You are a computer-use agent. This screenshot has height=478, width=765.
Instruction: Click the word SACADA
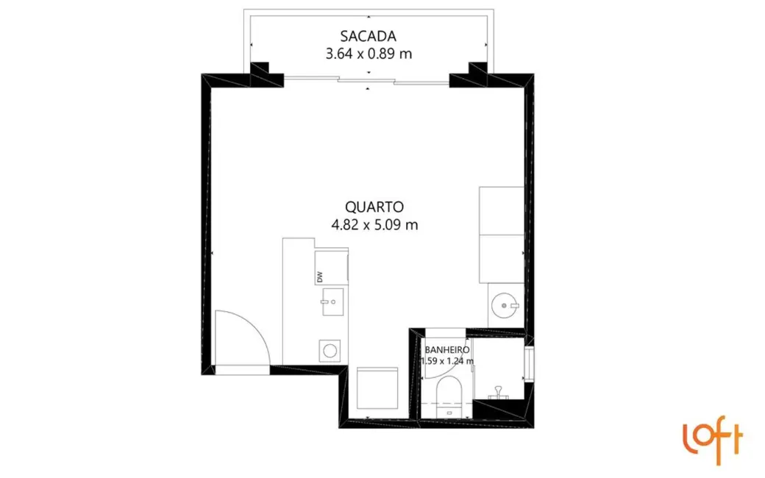369,36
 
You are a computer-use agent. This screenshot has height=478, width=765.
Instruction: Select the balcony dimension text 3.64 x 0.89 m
369,54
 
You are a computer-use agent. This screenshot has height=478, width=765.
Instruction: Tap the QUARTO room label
374,207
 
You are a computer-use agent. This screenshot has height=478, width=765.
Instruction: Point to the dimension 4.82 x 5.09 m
374,225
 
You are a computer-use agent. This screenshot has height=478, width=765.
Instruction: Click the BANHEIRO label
447,350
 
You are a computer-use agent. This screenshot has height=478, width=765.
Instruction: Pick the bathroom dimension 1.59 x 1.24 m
447,361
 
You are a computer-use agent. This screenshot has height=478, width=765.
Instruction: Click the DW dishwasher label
319,277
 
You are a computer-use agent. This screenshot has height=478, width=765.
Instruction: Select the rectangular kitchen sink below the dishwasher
332,302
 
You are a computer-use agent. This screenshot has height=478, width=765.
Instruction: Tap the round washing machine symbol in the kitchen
330,351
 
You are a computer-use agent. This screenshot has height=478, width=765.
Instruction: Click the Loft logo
713,439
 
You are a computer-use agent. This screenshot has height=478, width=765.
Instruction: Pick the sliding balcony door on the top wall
366,79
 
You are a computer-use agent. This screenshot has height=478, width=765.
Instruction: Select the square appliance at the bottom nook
377,388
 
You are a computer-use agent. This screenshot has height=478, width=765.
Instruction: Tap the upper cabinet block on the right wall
502,210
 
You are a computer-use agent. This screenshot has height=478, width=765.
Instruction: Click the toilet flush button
449,413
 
